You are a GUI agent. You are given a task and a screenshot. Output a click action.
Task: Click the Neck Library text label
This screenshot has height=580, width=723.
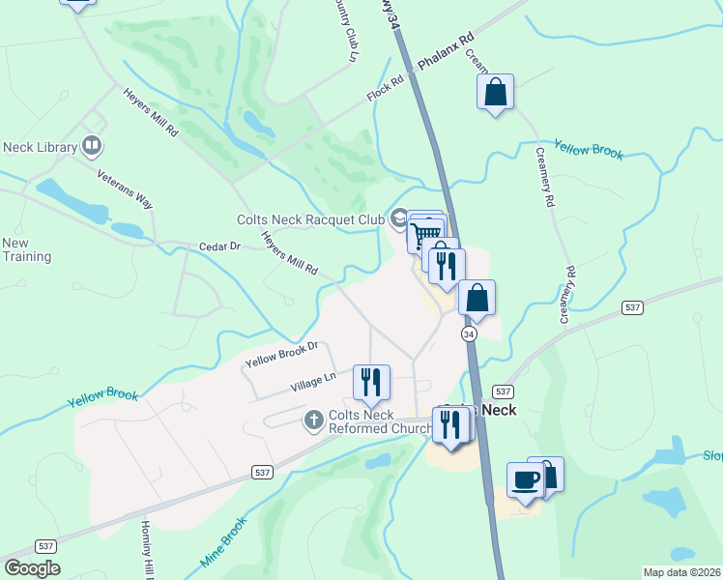40,147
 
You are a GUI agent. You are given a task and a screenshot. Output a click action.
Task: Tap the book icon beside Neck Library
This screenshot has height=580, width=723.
92,146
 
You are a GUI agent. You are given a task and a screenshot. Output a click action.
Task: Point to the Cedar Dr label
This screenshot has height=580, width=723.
219,246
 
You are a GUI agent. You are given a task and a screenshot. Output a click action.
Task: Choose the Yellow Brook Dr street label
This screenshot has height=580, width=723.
281,355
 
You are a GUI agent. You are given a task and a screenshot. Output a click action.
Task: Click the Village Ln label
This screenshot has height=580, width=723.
313,383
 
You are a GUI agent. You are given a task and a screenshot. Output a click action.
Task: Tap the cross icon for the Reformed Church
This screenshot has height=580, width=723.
313,420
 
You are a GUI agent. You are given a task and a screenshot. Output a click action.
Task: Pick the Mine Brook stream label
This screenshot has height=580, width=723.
224,543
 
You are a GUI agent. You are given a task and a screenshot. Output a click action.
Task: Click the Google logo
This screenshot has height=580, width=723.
31,568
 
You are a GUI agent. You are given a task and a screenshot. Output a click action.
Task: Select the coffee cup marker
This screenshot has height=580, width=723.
525,479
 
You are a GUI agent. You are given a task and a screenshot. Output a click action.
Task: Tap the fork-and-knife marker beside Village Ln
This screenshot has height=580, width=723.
371,382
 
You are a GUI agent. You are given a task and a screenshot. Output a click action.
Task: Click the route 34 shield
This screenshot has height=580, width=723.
469,333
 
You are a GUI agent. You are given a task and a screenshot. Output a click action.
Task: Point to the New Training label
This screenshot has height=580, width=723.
26,249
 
